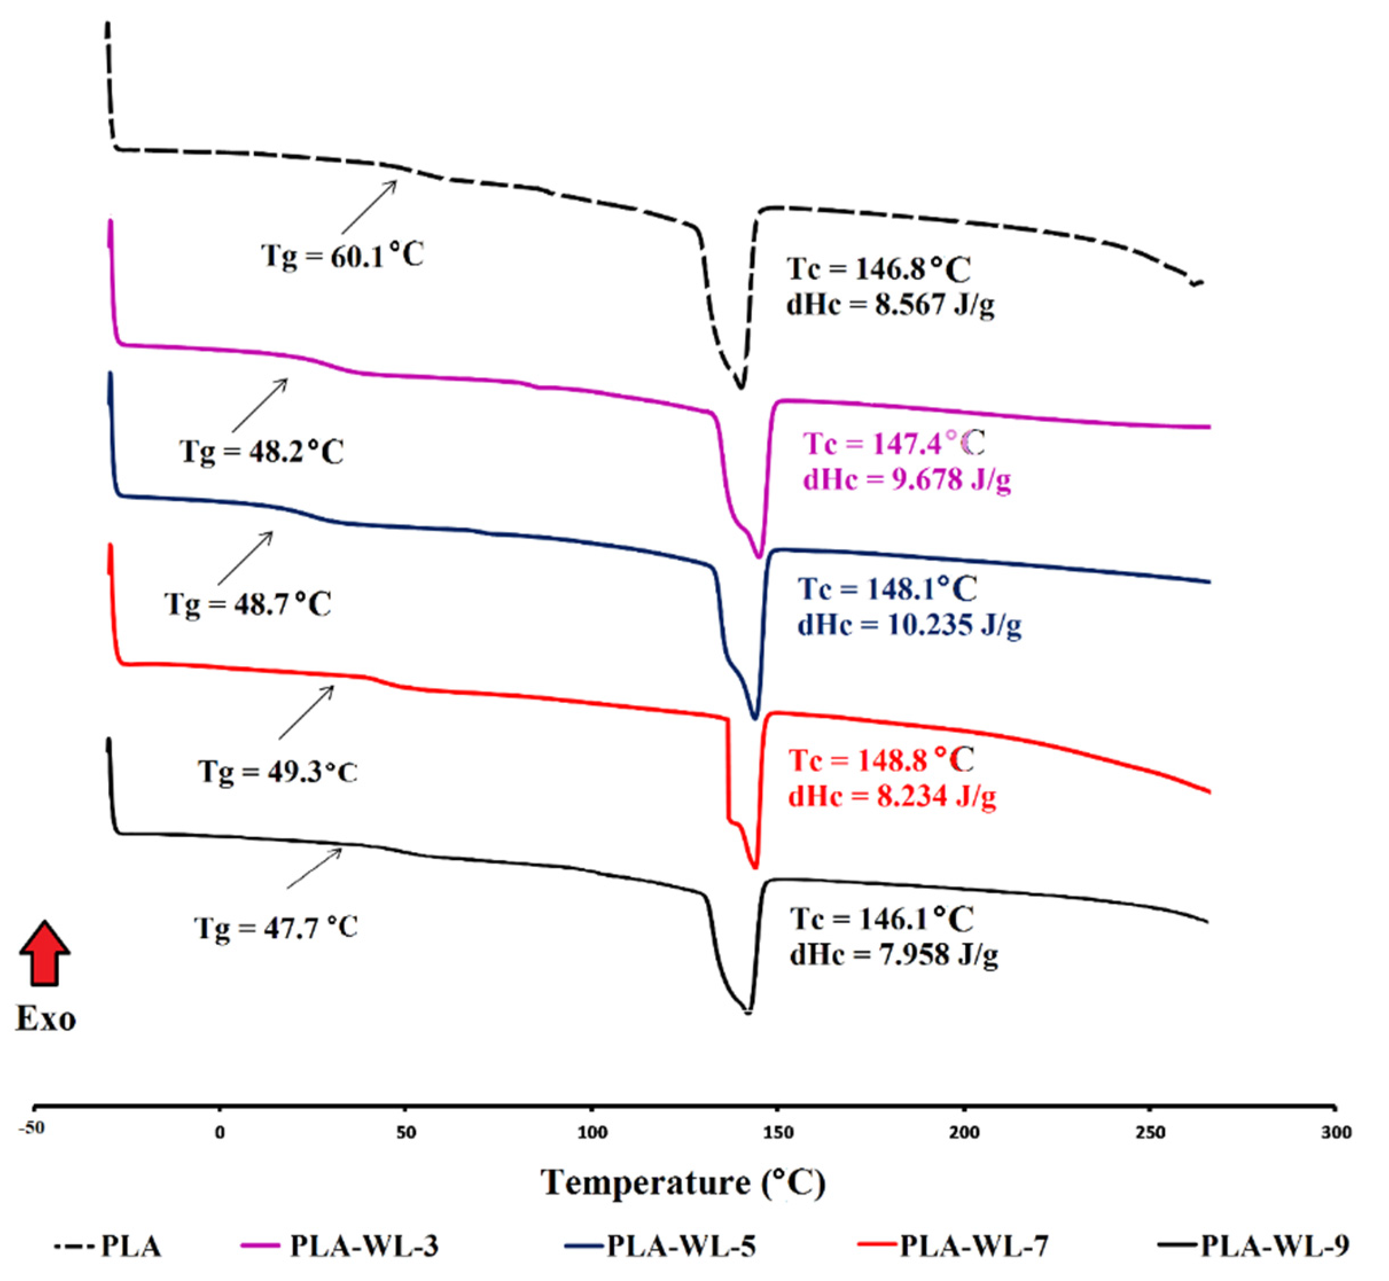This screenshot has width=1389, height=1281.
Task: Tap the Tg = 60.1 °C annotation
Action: [x=342, y=256]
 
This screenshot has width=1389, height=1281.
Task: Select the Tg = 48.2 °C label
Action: [x=262, y=452]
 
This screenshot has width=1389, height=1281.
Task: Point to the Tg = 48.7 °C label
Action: [x=247, y=604]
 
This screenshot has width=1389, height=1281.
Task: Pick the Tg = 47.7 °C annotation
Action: [x=275, y=927]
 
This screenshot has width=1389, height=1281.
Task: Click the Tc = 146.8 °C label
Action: [x=878, y=269]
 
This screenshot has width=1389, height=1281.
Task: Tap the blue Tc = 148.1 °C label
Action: [x=887, y=589]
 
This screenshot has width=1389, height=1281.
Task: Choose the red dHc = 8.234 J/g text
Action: [x=892, y=796]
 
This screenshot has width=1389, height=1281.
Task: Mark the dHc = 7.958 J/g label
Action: [x=894, y=955]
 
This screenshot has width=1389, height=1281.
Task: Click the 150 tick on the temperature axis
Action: [x=778, y=1132]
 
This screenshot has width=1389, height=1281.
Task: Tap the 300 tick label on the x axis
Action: [x=1336, y=1132]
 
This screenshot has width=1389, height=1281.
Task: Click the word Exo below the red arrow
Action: [x=46, y=1018]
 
